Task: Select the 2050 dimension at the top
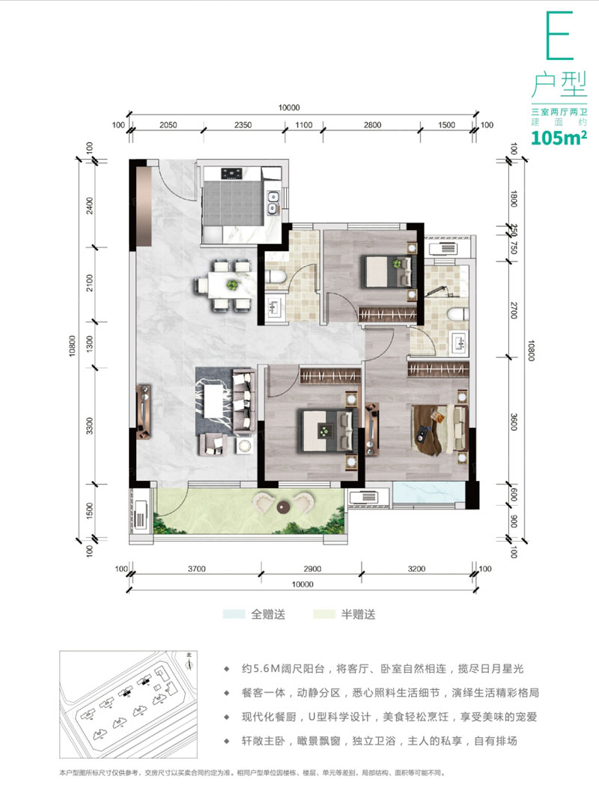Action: (x=168, y=125)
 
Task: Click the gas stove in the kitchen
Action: (x=231, y=174)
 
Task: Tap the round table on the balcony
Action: (x=283, y=508)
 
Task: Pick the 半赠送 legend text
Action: (x=358, y=614)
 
